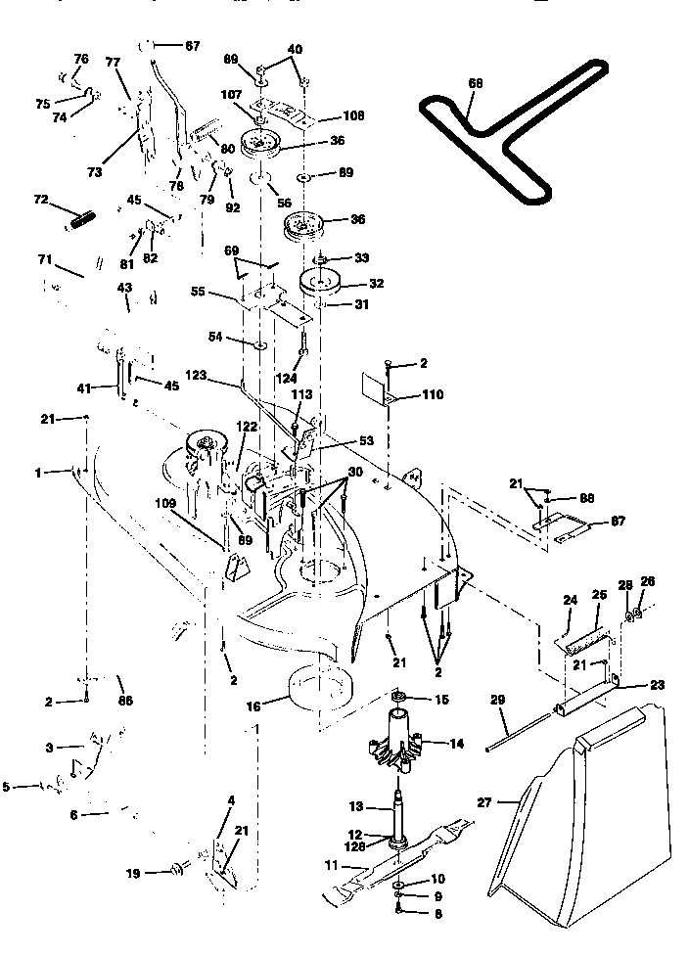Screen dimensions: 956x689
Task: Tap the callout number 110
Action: click(432, 395)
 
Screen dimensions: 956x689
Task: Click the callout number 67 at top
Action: click(192, 46)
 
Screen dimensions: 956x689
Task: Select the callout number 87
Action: click(618, 522)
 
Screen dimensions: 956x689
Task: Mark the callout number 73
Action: click(94, 172)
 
